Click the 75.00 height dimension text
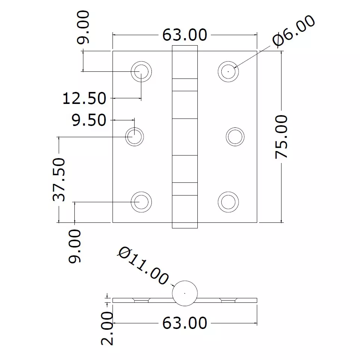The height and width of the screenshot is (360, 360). [281, 137]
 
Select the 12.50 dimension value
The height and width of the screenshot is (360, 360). [84, 99]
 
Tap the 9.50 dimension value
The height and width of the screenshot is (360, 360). [89, 120]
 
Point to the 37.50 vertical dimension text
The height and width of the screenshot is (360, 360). [59, 179]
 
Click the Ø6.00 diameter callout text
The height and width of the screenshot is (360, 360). [294, 31]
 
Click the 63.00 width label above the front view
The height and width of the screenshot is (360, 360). [184, 35]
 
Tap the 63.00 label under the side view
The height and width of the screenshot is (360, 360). [184, 323]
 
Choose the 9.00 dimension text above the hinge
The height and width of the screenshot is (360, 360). [84, 28]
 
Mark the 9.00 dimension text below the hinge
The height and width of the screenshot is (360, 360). [75, 246]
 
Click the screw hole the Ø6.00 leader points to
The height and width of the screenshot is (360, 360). [228, 71]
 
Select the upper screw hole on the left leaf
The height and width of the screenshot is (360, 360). [141, 71]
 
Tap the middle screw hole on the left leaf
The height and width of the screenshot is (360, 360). [134, 136]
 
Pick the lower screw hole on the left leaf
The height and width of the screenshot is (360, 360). [141, 202]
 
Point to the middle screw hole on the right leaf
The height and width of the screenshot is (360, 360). [235, 136]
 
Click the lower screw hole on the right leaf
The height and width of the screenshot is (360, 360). [228, 202]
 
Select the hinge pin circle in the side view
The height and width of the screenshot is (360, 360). [185, 293]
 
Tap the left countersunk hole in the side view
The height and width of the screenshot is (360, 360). [141, 300]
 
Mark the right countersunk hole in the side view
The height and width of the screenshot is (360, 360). [228, 300]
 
